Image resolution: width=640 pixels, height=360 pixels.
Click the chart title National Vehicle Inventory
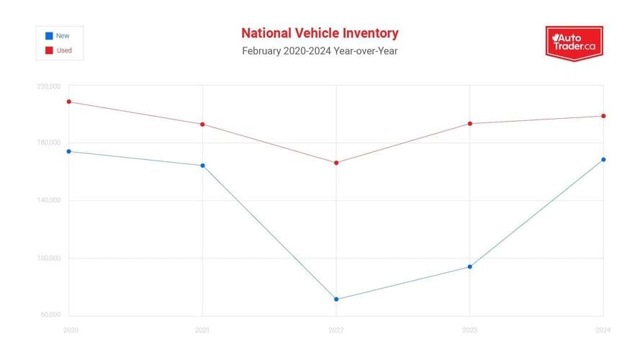coord(320,33)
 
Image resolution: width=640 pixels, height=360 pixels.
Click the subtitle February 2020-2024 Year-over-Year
coord(320,51)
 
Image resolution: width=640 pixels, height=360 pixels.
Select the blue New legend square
coord(48,35)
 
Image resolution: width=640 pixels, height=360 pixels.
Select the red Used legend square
coord(48,50)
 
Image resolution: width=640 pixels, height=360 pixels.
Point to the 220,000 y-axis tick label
coord(49,86)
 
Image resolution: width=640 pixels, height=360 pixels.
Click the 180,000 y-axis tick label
coord(49,143)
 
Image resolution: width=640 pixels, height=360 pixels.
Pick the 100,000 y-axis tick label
coord(49,258)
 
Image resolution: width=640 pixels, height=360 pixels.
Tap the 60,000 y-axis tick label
coord(50,315)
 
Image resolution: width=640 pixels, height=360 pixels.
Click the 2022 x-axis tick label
coord(336,330)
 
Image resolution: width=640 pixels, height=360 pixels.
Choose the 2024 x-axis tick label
coord(603,330)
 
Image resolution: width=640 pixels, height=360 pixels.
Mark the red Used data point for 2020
coord(69,102)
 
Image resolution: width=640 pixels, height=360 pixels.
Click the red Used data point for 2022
coord(336,163)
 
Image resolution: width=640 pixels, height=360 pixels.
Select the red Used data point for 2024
coord(603,116)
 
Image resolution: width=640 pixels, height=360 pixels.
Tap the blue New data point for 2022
coord(336,299)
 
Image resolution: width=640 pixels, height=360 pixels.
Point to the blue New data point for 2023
coord(470,266)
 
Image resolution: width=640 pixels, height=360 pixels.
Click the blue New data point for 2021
coord(202,166)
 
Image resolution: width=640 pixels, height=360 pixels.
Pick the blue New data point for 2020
coord(69,151)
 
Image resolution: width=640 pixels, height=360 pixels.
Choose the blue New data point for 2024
coord(603,160)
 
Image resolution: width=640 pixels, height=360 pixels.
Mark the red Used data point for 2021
coord(202,124)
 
